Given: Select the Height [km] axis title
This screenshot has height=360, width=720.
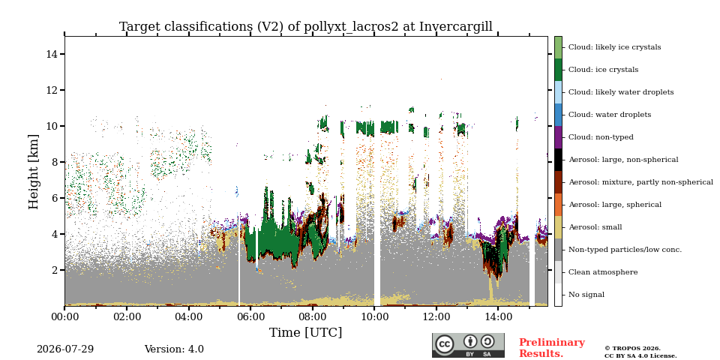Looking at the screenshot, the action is (x=34, y=172).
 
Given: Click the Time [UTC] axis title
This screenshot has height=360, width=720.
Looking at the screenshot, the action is (x=306, y=332).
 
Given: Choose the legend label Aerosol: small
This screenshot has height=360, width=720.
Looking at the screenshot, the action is (x=595, y=227).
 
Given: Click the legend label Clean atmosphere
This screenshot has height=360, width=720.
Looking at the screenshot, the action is (x=603, y=272).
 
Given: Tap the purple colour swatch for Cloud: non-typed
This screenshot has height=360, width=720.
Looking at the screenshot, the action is (x=558, y=137).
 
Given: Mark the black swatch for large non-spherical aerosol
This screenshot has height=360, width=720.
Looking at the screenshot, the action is (x=558, y=160).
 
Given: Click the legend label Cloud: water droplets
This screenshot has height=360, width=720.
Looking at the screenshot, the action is (x=610, y=115).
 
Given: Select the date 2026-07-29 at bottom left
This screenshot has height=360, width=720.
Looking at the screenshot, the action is (x=65, y=349).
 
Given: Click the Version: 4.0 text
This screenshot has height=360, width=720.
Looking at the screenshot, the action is (x=174, y=349).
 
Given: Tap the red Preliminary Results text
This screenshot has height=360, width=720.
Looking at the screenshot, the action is (x=552, y=348).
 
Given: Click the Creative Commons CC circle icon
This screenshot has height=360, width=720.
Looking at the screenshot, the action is (x=445, y=344).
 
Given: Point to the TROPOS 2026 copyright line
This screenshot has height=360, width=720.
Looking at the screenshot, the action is (x=632, y=349).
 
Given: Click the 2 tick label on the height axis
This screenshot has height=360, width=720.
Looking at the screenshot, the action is (x=55, y=270).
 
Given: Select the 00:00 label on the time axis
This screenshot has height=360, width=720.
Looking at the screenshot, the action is (x=64, y=316).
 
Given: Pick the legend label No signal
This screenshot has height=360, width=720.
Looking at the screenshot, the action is (x=586, y=295).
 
